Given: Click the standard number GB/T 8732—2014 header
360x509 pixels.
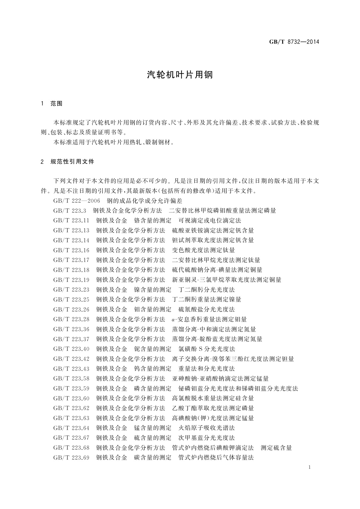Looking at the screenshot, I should [294, 42].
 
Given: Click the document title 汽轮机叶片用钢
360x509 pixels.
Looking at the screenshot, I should [180, 75].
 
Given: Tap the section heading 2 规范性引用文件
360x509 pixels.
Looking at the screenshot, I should [67, 162].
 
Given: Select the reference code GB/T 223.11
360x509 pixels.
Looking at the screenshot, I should [71, 221].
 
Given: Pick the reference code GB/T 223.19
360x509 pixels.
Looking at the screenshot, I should [71, 280].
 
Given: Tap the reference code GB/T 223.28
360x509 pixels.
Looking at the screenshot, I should [71, 319].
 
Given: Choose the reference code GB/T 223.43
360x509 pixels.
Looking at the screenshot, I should [71, 369].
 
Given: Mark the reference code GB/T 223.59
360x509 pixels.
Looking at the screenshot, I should [71, 388].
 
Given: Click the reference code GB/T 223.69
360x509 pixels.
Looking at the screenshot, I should [71, 458].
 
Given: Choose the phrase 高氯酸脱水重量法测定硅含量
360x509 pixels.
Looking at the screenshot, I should [213, 398].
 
